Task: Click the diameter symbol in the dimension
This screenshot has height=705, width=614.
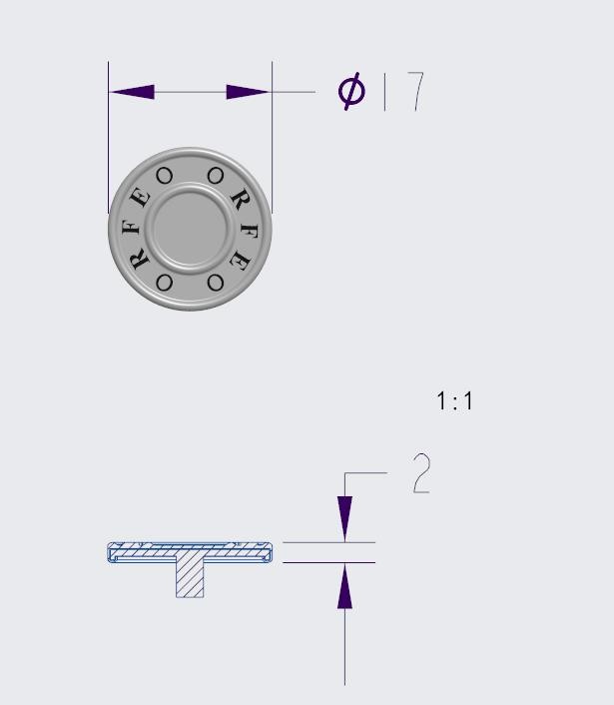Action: tap(351, 91)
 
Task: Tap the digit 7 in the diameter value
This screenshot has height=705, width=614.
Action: tap(416, 91)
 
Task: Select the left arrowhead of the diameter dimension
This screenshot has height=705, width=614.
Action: tap(132, 92)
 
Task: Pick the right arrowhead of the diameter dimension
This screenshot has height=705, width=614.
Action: tap(249, 92)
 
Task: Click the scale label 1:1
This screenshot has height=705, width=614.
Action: tap(454, 401)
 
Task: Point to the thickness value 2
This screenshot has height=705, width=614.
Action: tap(421, 473)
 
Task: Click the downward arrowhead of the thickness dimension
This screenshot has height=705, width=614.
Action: tap(344, 519)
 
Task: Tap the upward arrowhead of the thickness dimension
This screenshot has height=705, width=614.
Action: tap(344, 586)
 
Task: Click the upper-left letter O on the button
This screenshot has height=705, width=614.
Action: tap(164, 176)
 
